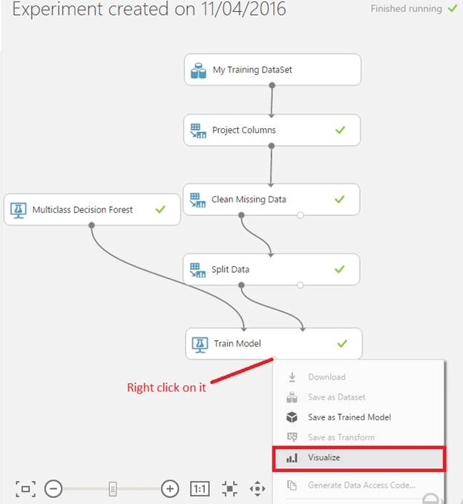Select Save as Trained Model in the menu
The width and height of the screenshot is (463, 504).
pyautogui.click(x=349, y=417)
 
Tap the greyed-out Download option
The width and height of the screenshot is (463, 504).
pyautogui.click(x=326, y=377)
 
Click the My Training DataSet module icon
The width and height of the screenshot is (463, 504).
pyautogui.click(x=198, y=70)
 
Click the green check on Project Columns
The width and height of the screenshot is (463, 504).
pyautogui.click(x=340, y=130)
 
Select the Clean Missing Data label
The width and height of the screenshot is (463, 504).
pyautogui.click(x=249, y=199)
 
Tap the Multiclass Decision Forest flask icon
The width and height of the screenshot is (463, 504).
pyautogui.click(x=19, y=210)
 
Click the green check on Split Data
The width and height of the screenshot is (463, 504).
pyautogui.click(x=339, y=269)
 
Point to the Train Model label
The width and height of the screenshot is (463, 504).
pyautogui.click(x=237, y=344)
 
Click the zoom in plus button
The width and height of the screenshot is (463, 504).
pyautogui.click(x=170, y=489)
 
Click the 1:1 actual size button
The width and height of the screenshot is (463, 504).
pyautogui.click(x=200, y=489)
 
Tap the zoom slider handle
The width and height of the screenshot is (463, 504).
pyautogui.click(x=113, y=489)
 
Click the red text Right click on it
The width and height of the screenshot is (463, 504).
pyautogui.click(x=166, y=388)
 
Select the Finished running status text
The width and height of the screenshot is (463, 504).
pyautogui.click(x=407, y=9)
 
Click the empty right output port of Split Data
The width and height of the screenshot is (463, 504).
pyautogui.click(x=301, y=285)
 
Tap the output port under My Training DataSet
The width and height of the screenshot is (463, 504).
pyautogui.click(x=272, y=85)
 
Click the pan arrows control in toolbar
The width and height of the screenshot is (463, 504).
pyautogui.click(x=257, y=489)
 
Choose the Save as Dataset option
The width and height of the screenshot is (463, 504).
pyautogui.click(x=337, y=397)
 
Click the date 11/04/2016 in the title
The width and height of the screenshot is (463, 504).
pyautogui.click(x=243, y=9)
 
